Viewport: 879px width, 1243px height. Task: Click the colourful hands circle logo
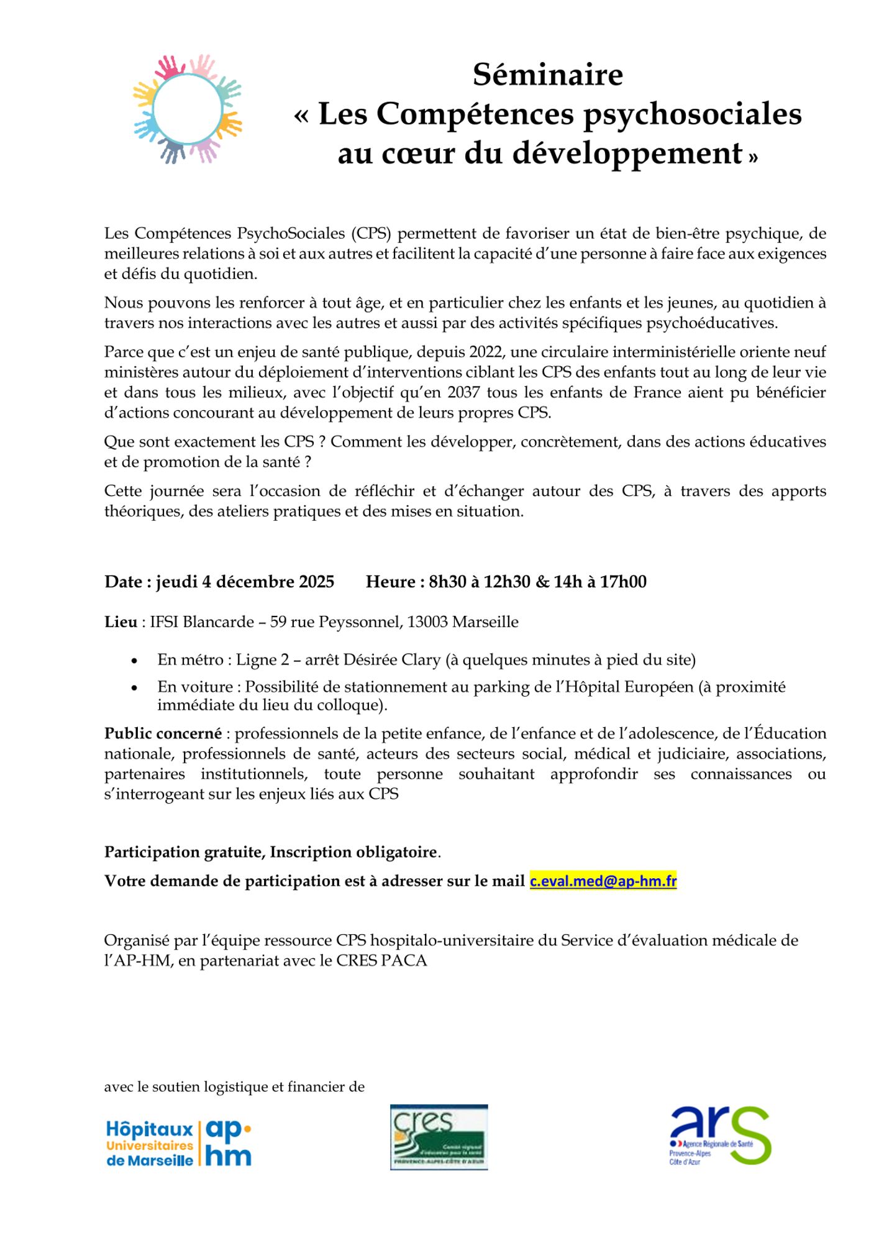click(x=188, y=109)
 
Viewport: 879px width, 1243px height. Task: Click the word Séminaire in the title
click(x=547, y=75)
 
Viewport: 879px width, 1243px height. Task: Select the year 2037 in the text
click(x=463, y=393)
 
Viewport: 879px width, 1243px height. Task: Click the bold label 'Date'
click(x=124, y=582)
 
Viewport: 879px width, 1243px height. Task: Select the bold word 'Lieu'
click(x=121, y=622)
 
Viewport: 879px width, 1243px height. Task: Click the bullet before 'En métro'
click(x=134, y=661)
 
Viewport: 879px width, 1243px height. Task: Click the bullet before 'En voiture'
click(x=134, y=688)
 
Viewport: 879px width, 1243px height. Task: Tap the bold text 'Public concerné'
click(x=163, y=733)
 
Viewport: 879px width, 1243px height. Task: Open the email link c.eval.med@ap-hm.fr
click(x=603, y=881)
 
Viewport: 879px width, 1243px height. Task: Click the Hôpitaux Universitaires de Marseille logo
click(x=179, y=1144)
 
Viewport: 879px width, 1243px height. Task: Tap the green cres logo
click(x=439, y=1137)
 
